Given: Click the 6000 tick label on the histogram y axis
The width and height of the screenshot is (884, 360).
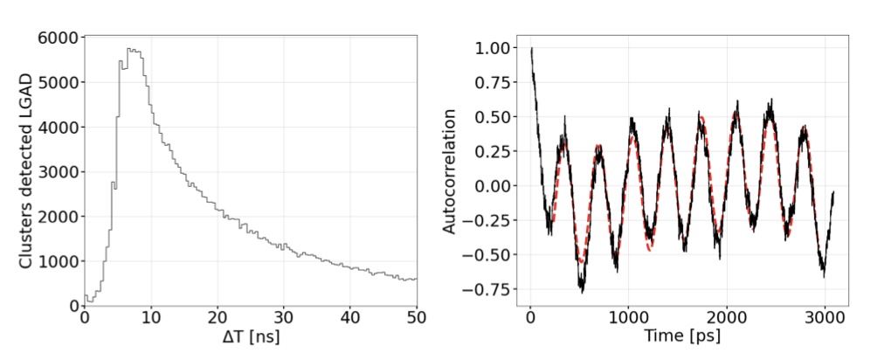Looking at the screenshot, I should click(x=58, y=38).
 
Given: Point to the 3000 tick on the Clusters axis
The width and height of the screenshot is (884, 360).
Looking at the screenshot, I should click(x=58, y=171).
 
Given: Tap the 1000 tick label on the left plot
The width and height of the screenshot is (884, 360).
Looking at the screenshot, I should click(x=58, y=261).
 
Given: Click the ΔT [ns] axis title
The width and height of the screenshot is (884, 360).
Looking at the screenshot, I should click(x=250, y=336).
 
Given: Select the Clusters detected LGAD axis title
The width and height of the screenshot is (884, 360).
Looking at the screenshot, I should click(x=26, y=171).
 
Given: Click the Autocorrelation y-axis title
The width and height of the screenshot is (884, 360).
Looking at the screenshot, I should click(x=450, y=171).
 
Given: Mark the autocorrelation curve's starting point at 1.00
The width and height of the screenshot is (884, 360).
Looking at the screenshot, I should click(x=531, y=49).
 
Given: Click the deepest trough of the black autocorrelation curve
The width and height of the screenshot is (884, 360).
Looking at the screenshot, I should click(x=582, y=290).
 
